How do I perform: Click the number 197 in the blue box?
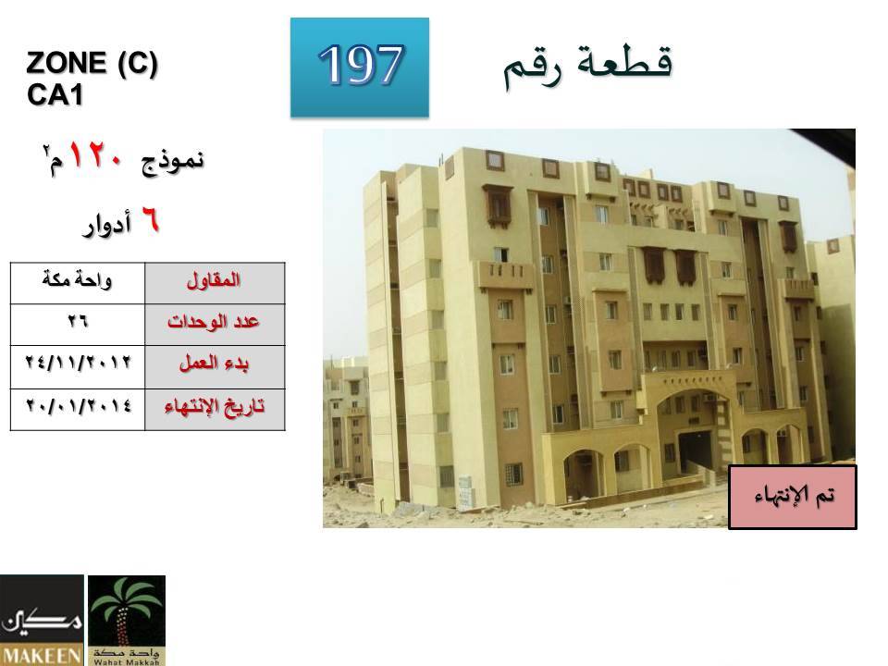pos(361,65)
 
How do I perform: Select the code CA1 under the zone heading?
pos(55,94)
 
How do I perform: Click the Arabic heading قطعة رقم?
pos(588,67)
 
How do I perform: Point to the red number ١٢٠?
pos(95,155)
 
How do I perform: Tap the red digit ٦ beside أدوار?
pos(150,220)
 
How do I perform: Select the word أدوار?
pos(107,224)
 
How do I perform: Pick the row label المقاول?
pos(214,280)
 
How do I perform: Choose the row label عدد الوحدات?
pos(213,322)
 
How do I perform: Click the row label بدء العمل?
pos(214,363)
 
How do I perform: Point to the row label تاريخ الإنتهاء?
pos(214,407)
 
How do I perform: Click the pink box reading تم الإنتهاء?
pos(793,498)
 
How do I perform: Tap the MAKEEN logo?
pos(42,620)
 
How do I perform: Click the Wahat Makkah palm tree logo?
pos(127,620)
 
